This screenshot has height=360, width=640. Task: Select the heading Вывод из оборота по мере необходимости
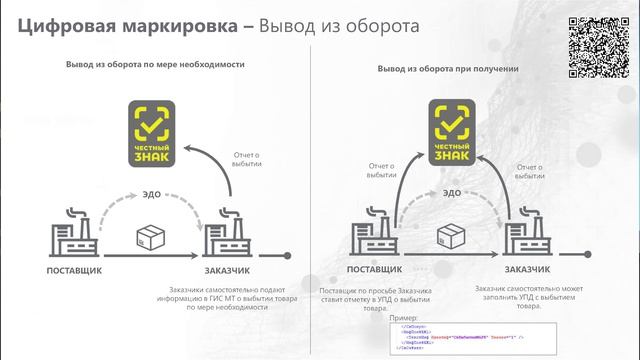155,65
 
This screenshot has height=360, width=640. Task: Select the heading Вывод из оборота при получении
447,69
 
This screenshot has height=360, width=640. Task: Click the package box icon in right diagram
451,233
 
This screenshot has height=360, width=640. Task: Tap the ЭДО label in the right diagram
452,191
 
